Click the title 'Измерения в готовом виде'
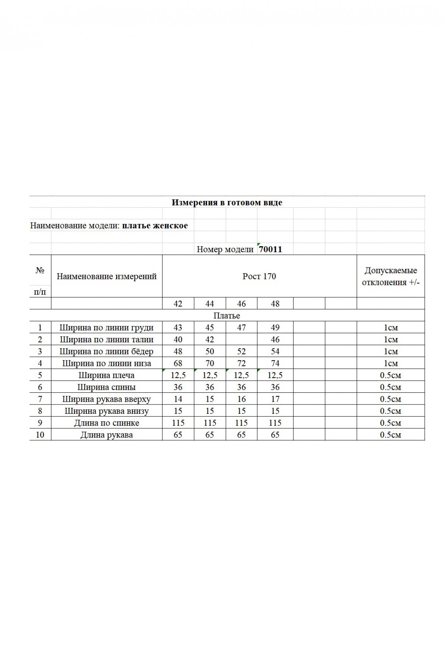(x=227, y=202)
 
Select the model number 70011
(x=270, y=249)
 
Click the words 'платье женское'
(x=155, y=225)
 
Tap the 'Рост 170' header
(x=259, y=276)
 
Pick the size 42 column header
(x=178, y=304)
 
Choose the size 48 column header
(x=275, y=304)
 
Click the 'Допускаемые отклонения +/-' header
(x=391, y=276)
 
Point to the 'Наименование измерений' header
(x=106, y=276)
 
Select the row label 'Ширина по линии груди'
(x=106, y=327)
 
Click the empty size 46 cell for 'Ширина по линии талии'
(x=241, y=339)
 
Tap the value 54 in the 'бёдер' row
(x=275, y=351)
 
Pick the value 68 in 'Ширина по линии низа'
(x=178, y=363)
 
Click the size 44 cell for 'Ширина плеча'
(x=210, y=375)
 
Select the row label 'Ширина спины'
(x=106, y=387)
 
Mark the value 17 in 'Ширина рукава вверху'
(x=275, y=399)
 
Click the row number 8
(x=40, y=411)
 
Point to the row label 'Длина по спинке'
(x=106, y=423)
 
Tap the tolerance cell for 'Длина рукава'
(x=391, y=435)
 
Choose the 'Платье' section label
(x=227, y=316)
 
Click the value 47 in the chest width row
(x=241, y=327)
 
